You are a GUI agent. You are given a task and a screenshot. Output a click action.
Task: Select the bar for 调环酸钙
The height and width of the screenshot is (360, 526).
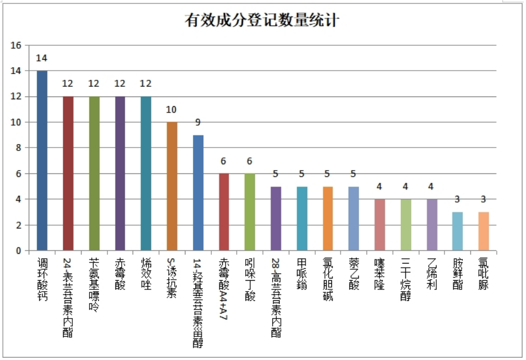click(x=42, y=161)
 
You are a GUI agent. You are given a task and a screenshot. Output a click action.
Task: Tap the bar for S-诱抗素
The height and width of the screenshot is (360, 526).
click(x=172, y=187)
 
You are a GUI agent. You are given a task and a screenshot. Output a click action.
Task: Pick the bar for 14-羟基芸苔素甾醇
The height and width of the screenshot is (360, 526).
click(x=198, y=193)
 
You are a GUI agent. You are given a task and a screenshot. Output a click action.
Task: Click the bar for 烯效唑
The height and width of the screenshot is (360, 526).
click(x=146, y=173)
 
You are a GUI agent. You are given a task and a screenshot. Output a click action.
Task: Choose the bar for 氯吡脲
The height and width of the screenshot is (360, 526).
click(x=484, y=231)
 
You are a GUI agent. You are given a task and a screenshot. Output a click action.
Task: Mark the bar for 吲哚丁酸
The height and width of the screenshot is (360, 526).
click(x=250, y=212)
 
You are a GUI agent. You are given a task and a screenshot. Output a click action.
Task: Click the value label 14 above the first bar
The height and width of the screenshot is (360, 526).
click(x=41, y=58)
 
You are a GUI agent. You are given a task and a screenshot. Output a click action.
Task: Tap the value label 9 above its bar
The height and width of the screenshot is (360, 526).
click(x=198, y=122)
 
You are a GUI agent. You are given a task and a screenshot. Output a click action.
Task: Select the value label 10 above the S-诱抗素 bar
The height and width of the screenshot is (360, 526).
click(x=172, y=110)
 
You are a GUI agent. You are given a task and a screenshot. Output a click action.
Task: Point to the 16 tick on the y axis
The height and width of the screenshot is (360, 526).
click(x=16, y=45)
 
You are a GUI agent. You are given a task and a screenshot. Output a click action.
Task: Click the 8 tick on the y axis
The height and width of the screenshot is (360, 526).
click(x=18, y=148)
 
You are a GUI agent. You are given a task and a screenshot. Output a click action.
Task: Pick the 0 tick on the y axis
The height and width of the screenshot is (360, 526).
click(x=18, y=251)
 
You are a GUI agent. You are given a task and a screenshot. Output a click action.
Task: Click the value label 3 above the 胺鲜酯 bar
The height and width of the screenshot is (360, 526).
click(x=458, y=199)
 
